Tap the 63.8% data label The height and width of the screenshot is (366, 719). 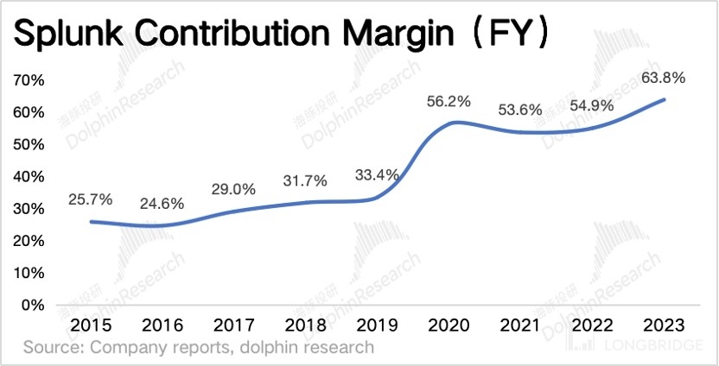click(663, 79)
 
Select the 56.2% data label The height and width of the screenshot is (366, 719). click(449, 102)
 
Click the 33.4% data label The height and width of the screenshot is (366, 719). click(377, 175)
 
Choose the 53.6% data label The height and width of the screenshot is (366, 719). click(520, 110)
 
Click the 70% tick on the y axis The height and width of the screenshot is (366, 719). click(31, 80)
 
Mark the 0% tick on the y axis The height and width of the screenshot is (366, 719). click(35, 305)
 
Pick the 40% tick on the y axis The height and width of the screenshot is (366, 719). click(31, 176)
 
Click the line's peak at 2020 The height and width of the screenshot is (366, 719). click(449, 123)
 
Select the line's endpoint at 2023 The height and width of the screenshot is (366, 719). click(664, 99)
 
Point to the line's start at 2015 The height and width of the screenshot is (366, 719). click(92, 222)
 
